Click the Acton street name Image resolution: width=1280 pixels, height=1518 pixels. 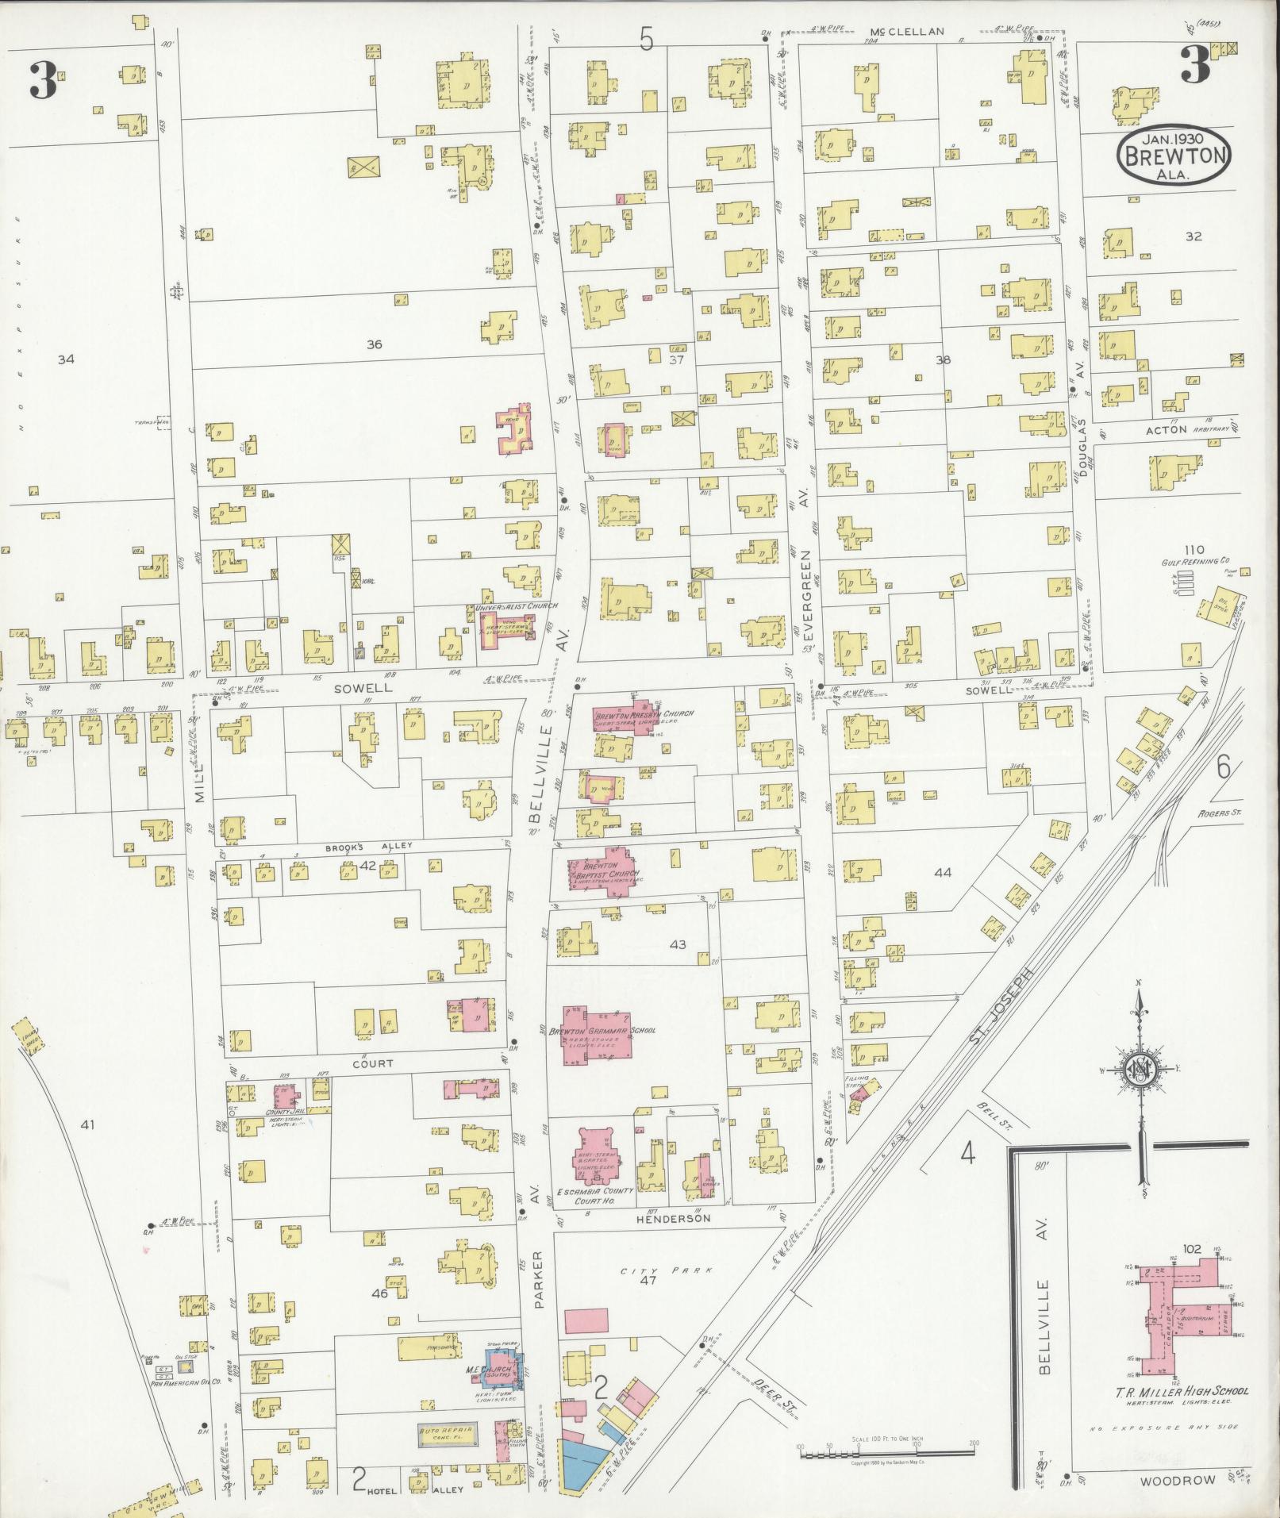[x=1166, y=429]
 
